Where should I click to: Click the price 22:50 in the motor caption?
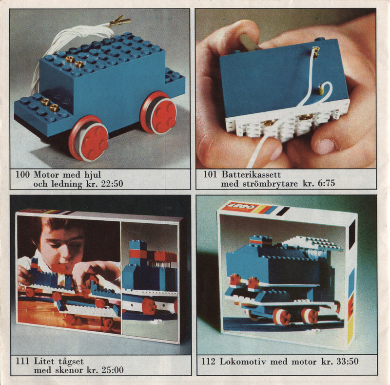(x=112, y=184)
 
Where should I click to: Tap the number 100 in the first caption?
(x=22, y=174)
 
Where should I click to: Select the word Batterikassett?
(x=251, y=174)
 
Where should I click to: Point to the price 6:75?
(x=326, y=183)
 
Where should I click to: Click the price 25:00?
(x=113, y=370)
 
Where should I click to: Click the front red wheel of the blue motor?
(x=89, y=138)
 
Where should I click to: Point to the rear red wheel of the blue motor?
(x=158, y=113)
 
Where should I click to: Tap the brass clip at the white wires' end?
(x=119, y=21)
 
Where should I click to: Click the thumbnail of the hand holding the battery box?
(x=286, y=89)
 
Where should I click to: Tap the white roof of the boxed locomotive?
(x=313, y=243)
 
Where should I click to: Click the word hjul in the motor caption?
(x=93, y=175)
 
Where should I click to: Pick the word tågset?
(x=71, y=362)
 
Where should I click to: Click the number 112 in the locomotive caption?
(x=208, y=362)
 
